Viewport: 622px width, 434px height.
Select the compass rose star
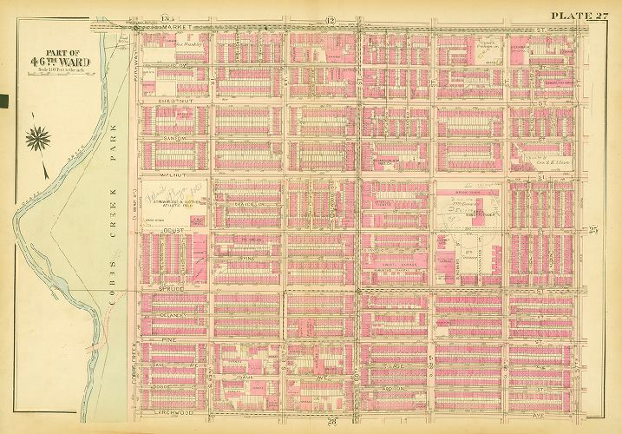pyautogui.click(x=38, y=135)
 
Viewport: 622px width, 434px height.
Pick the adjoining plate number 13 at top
pyautogui.click(x=165, y=19)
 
